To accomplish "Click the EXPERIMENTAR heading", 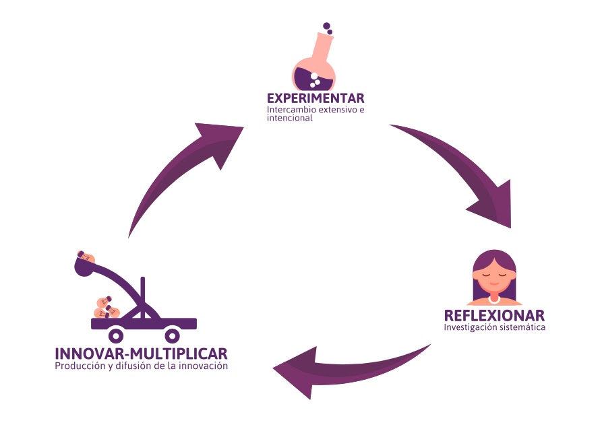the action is (x=315, y=98).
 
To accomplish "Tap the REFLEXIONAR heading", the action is (x=495, y=316).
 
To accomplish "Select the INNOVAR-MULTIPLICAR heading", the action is (x=142, y=354).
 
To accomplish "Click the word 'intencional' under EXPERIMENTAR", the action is (x=290, y=118).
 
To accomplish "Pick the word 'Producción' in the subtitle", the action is (x=80, y=366).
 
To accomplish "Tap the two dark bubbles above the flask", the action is (x=328, y=28).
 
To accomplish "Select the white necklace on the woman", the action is (x=494, y=300).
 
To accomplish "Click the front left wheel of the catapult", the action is (x=116, y=335).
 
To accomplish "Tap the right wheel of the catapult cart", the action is (x=172, y=335).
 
